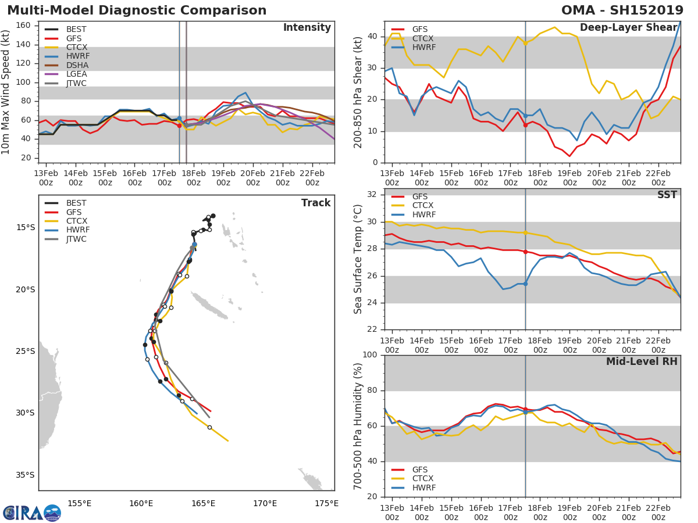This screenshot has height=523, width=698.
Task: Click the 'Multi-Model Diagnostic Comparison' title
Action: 137,10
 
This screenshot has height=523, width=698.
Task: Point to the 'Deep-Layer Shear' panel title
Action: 628,28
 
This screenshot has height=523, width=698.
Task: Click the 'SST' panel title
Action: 667,195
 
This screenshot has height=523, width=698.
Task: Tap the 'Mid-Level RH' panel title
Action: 642,361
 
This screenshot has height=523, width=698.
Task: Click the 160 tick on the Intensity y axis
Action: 23,26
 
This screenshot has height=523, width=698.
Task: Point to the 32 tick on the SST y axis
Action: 372,195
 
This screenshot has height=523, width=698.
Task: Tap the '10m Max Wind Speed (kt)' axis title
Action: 6,92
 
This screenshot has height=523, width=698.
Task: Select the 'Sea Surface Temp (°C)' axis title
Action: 359,259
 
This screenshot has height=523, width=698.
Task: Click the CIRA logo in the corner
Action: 32,513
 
